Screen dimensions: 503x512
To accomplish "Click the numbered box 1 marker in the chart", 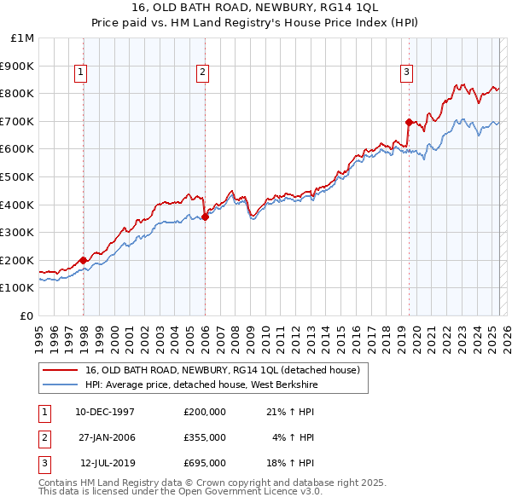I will [79, 73].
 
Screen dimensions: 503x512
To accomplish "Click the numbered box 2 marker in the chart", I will [202, 73].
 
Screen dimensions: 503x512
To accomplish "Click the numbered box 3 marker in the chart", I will [406, 73].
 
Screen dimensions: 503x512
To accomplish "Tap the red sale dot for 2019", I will [409, 122].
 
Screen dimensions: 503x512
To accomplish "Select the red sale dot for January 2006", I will [205, 217].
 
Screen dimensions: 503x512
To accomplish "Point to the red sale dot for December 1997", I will [83, 260].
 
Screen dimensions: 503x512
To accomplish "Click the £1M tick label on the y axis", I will [23, 38].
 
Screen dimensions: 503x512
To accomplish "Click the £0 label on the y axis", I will [26, 315].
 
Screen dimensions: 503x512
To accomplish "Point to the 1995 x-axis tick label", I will [39, 332].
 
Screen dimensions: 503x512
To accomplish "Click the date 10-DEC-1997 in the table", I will [105, 412].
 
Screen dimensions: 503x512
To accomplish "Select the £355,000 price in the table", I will [204, 437].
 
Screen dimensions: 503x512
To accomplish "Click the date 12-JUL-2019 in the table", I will [105, 463].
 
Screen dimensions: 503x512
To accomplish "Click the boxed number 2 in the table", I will [43, 437].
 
